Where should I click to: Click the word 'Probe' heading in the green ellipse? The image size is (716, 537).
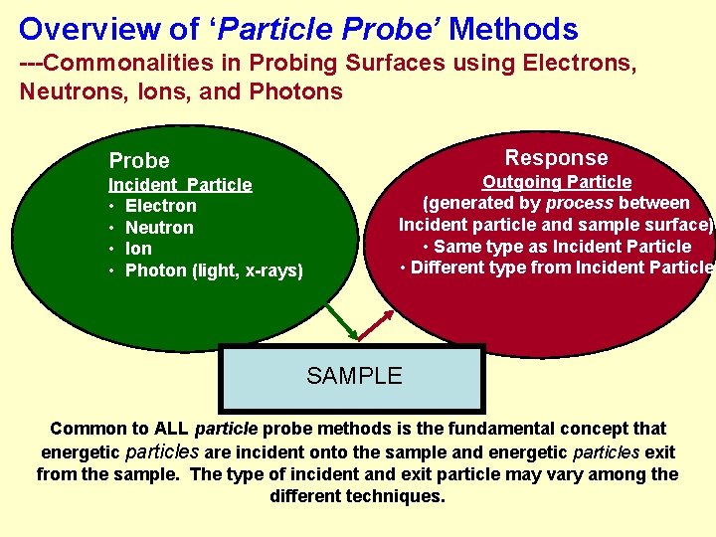(x=139, y=161)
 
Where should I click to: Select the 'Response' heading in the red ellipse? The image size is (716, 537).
(x=556, y=158)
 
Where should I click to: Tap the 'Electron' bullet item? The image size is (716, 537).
(x=160, y=206)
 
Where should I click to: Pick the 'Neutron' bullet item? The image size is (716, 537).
(x=159, y=228)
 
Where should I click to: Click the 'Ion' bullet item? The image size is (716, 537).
(x=138, y=249)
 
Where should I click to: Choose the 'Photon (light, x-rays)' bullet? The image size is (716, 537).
(x=214, y=270)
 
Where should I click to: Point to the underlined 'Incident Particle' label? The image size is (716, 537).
(x=180, y=185)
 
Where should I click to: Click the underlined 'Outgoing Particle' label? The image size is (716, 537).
(x=556, y=182)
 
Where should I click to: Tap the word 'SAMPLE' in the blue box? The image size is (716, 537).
(x=354, y=376)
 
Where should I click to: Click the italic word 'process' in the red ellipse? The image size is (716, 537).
(x=580, y=203)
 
